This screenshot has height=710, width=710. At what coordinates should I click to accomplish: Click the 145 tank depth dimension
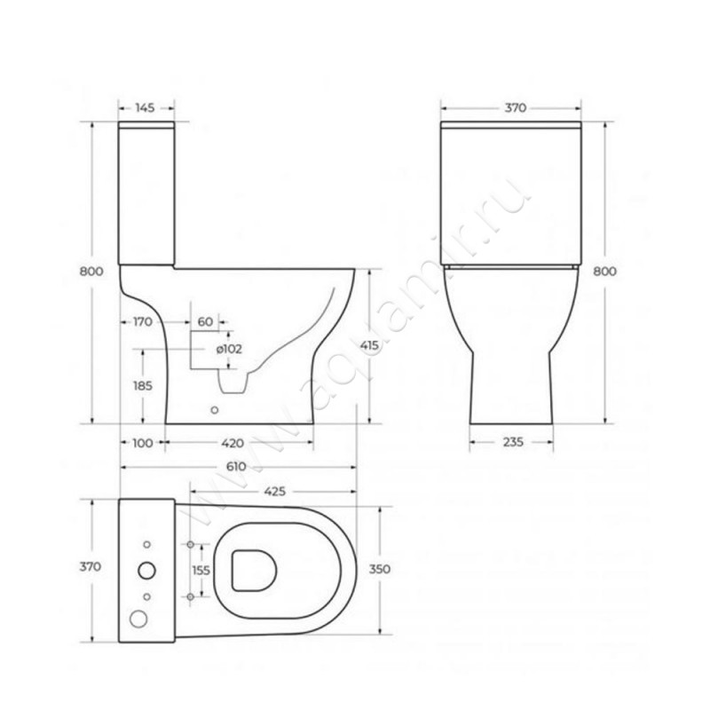pyautogui.click(x=145, y=107)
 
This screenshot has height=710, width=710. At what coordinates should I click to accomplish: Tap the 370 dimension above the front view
pyautogui.click(x=516, y=107)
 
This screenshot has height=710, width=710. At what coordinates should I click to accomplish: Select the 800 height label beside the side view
pyautogui.click(x=91, y=272)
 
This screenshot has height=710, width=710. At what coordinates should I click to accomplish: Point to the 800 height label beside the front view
pyautogui.click(x=605, y=272)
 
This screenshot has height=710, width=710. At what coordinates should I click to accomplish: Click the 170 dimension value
pyautogui.click(x=143, y=322)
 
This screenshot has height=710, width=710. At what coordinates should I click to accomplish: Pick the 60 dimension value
pyautogui.click(x=205, y=322)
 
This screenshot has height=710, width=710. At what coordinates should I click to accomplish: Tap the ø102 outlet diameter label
pyautogui.click(x=229, y=349)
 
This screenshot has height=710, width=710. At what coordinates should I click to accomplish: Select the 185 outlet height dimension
pyautogui.click(x=143, y=386)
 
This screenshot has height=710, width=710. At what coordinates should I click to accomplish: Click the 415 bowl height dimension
pyautogui.click(x=369, y=345)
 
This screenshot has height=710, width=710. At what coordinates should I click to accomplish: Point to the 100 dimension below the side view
pyautogui.click(x=143, y=443)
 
